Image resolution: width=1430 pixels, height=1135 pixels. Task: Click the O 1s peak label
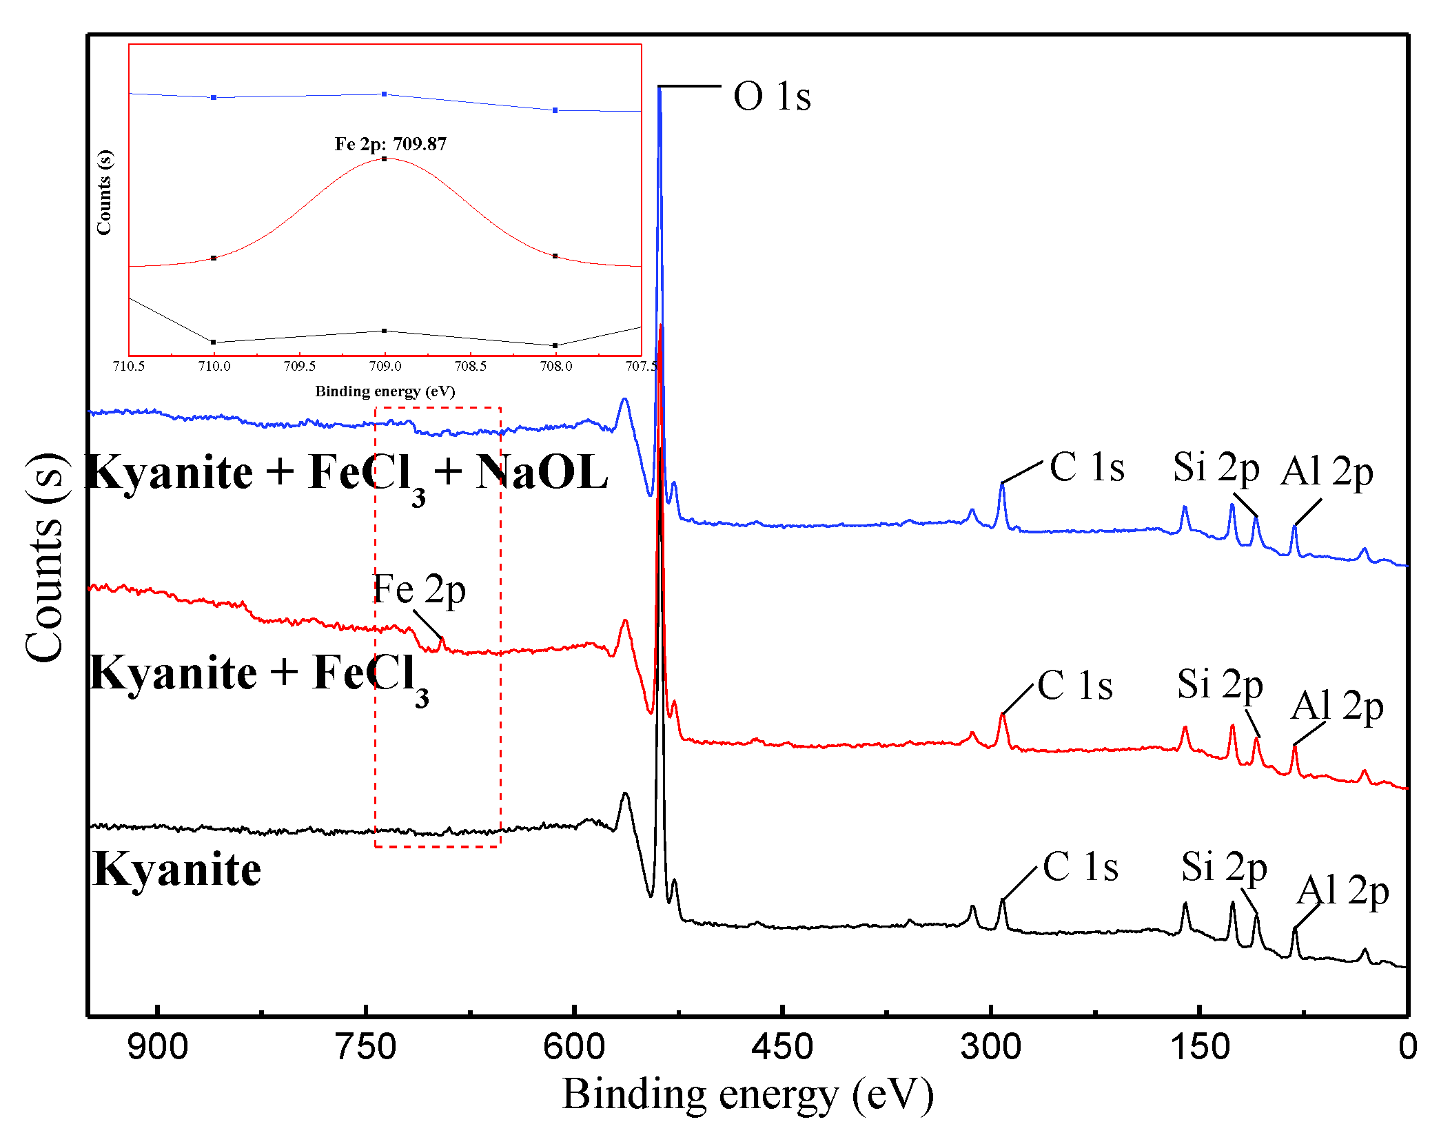772,96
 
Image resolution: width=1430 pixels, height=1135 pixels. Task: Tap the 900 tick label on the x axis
157,1047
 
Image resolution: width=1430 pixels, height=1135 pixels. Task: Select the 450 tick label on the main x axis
782,1047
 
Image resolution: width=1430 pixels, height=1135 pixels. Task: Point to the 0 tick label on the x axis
1407,1047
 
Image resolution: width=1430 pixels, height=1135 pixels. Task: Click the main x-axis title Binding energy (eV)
748,1094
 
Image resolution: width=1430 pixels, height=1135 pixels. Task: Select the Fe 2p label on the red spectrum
419,589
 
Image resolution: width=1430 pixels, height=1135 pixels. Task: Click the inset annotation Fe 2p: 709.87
390,144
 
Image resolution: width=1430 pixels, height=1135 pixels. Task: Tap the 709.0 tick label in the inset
385,366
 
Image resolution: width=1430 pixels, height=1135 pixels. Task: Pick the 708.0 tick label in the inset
555,366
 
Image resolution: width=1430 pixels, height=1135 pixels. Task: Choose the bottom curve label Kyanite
176,870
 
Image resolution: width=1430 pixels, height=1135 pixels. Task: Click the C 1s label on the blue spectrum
1087,468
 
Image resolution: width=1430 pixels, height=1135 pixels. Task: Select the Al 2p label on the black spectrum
1342,891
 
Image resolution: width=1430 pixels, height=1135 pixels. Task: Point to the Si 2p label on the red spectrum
1219,684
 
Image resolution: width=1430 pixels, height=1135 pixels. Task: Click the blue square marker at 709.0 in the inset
385,94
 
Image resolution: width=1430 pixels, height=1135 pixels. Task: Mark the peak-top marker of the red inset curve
385,159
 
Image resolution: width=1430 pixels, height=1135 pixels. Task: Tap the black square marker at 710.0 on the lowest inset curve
214,342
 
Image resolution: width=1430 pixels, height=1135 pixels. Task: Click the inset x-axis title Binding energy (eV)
385,391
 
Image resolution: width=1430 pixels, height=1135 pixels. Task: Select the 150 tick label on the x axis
1200,1047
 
